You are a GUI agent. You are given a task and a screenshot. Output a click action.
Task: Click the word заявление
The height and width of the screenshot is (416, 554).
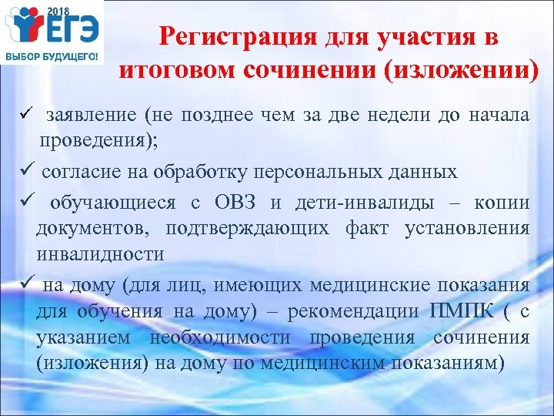[x=91, y=116]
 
